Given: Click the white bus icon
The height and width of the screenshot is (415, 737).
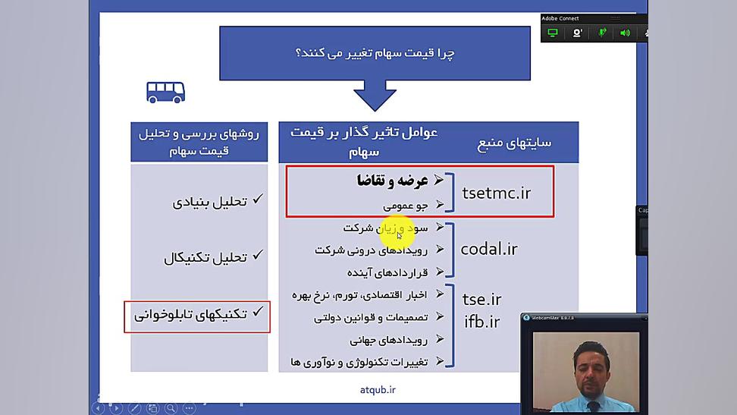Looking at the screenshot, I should tap(165, 92).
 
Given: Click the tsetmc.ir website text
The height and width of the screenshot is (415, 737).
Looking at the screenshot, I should tap(497, 193).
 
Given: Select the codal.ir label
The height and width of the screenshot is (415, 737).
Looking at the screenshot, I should tap(488, 249).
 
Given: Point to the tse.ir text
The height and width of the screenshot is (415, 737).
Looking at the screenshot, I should tap(481, 299).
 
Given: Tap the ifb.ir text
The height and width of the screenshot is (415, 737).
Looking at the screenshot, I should tap(481, 322).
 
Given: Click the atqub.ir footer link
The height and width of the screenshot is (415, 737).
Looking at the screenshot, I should tap(378, 390).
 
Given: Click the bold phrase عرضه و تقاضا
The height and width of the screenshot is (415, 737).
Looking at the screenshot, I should tap(393, 181).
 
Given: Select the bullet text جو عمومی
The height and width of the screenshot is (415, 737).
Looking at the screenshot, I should tap(405, 205).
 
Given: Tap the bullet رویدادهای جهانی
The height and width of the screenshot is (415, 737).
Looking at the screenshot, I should tap(389, 340).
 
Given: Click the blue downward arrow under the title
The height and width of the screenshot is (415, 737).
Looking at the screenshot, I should tap(375, 96).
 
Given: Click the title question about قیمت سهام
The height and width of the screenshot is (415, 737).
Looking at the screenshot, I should tap(375, 53).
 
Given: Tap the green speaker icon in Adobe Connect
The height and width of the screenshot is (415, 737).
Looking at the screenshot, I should tap(625, 33).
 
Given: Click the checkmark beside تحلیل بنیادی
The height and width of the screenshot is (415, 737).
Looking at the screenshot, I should tap(258, 200).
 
